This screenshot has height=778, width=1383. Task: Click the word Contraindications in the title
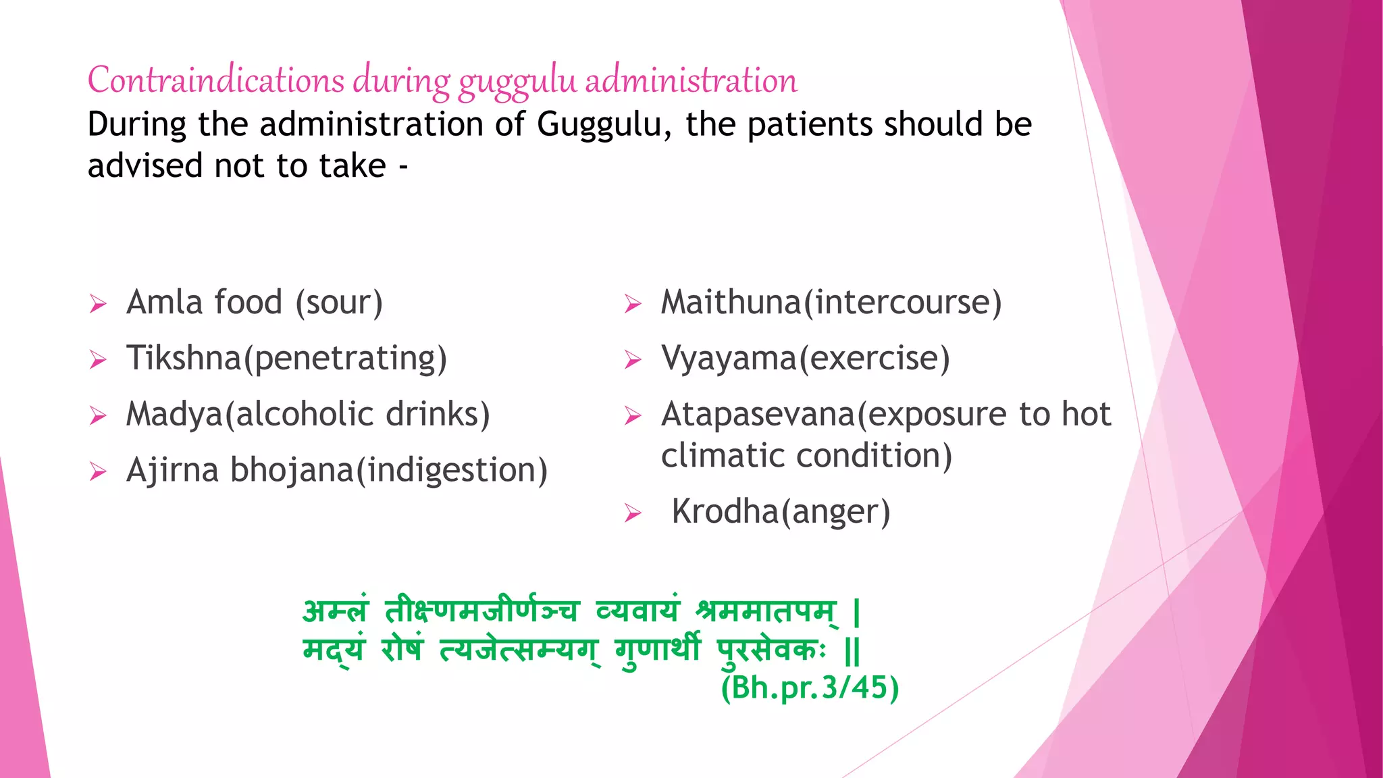tap(216, 80)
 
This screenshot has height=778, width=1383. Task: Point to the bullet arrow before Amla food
tap(98, 305)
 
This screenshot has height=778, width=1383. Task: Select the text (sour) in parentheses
tap(339, 303)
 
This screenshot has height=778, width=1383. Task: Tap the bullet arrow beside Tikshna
tap(98, 360)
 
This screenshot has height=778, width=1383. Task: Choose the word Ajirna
tap(172, 471)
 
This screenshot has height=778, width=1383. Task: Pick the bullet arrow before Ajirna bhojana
tap(98, 472)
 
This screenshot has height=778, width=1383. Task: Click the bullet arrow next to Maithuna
tap(633, 305)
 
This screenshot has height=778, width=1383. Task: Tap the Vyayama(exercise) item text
tap(805, 359)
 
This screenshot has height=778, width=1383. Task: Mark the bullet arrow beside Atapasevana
tap(633, 416)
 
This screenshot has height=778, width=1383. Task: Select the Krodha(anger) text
tap(781, 512)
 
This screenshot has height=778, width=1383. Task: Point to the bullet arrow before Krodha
tap(633, 514)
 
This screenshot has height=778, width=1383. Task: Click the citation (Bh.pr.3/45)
tap(810, 688)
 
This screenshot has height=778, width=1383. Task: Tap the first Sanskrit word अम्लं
tap(336, 611)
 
